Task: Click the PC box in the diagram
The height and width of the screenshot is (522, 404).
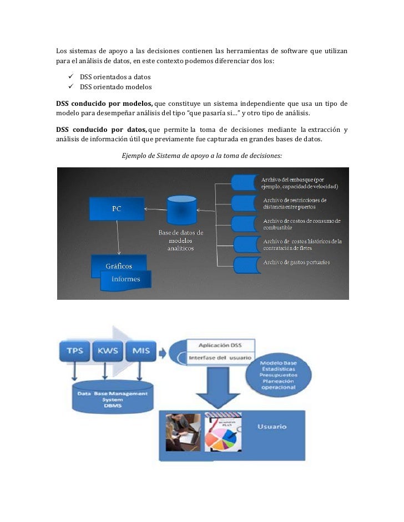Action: (117, 209)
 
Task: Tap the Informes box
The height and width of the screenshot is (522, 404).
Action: (126, 279)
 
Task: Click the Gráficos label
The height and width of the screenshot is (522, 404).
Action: (118, 265)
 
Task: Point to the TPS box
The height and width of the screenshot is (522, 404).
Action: (75, 351)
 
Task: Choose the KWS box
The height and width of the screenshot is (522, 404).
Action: (108, 351)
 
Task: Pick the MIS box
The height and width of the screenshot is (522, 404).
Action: (139, 351)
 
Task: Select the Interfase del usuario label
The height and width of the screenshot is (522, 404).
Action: (221, 358)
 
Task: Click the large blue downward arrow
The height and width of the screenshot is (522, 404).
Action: (221, 388)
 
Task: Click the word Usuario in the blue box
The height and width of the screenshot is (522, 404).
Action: (271, 427)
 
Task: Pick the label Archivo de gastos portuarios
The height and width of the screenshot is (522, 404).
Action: (296, 262)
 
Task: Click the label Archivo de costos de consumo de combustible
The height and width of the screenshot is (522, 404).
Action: (301, 224)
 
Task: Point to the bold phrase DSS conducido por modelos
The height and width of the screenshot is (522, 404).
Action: (104, 104)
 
